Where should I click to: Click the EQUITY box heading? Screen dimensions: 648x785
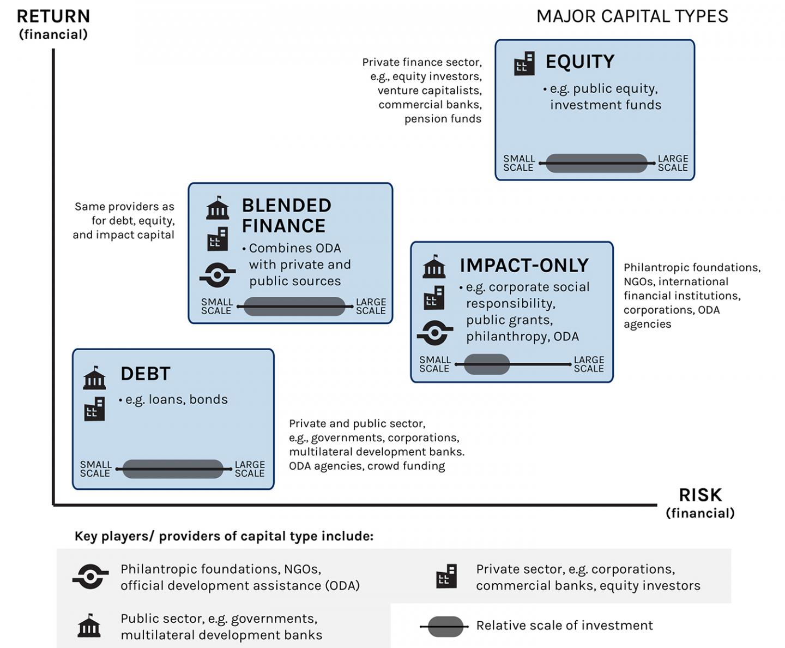coord(579,62)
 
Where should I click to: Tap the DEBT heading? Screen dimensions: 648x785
coord(145,374)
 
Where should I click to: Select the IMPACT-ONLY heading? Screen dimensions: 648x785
coord(524,265)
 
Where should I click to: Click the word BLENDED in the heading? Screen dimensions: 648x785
coord(286,206)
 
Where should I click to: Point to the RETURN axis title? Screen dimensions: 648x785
coord(53,16)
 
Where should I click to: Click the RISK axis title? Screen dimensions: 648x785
coord(700,495)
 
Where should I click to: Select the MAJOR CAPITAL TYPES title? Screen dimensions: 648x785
coord(632,16)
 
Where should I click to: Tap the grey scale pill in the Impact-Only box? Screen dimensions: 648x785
coord(487,364)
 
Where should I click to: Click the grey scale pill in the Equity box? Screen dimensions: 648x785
coord(596,163)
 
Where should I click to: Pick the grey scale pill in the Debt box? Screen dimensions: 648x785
coord(173,469)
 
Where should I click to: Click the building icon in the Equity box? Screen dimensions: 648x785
coord(524,64)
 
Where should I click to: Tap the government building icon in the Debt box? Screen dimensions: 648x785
coord(94,378)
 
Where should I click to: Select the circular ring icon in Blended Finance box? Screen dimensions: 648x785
coord(217,275)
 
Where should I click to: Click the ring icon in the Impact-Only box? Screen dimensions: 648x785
coord(434,333)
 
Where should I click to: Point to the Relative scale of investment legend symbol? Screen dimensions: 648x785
coord(445,627)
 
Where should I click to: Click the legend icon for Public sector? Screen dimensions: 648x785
coord(89,626)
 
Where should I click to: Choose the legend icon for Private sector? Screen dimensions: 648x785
coord(446,577)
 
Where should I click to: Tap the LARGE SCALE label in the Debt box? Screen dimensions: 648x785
coord(250,469)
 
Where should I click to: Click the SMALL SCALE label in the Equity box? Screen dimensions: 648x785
coord(518,163)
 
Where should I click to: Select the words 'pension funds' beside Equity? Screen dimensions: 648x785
coord(443,119)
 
